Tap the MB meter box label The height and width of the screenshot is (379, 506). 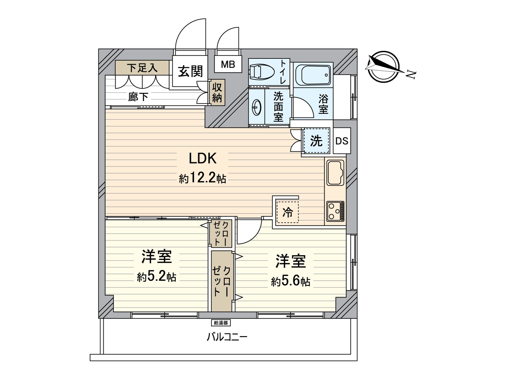pos(228,65)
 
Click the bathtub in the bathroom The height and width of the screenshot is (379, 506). pos(313,75)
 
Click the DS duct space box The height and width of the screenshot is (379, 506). pos(342,141)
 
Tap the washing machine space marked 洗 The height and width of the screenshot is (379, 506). pos(316,141)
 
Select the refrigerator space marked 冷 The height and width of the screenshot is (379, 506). pos(287,212)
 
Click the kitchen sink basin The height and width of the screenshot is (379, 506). pos(335,172)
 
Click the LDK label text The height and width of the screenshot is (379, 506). pos(202,158)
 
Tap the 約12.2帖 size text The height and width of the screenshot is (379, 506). pos(202,179)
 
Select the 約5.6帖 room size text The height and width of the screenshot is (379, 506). pos(290,281)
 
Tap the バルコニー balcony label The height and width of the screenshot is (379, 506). pos(227,337)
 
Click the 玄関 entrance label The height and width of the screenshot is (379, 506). pos(190,71)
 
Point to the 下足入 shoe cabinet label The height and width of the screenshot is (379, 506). pos(142,68)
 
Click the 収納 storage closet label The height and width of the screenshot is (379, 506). pos(217,92)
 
